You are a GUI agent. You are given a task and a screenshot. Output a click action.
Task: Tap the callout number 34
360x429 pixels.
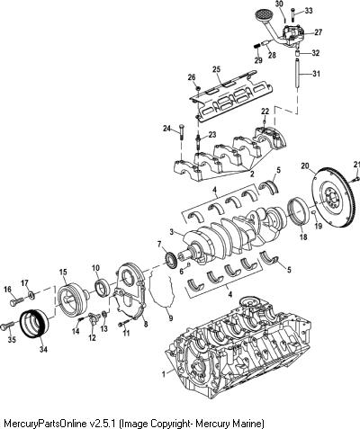click(43, 349)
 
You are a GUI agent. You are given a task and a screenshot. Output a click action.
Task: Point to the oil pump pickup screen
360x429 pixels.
click(262, 14)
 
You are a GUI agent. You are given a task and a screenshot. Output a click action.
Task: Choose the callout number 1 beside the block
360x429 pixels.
click(164, 374)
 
